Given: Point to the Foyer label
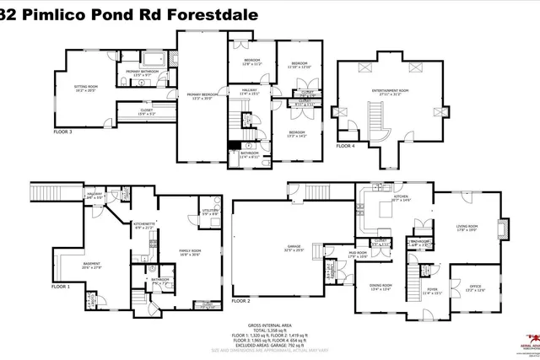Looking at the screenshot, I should coord(432,291).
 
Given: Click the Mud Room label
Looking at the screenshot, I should coord(357,252).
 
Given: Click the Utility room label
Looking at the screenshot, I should coord(211,210).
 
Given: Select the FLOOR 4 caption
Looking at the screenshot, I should coord(346,145).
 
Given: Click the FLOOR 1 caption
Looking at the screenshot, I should coord(40,287).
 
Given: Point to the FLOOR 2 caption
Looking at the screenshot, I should coord(242,300).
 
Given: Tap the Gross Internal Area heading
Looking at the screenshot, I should coord(269,324).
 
